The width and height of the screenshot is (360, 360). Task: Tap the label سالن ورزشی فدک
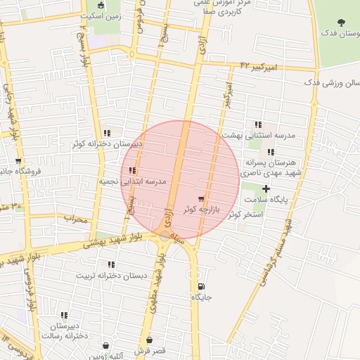click(x=330, y=82)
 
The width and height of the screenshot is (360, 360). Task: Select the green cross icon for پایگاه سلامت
click(x=266, y=188)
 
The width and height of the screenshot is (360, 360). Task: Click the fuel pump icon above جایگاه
click(x=202, y=286)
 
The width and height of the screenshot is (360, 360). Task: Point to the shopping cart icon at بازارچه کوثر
click(x=202, y=199)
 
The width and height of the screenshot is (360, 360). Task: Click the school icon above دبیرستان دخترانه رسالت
click(x=65, y=315)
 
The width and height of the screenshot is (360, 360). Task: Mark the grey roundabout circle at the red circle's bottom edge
click(x=165, y=236)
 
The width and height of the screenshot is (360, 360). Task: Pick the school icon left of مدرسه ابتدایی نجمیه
click(x=133, y=170)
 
